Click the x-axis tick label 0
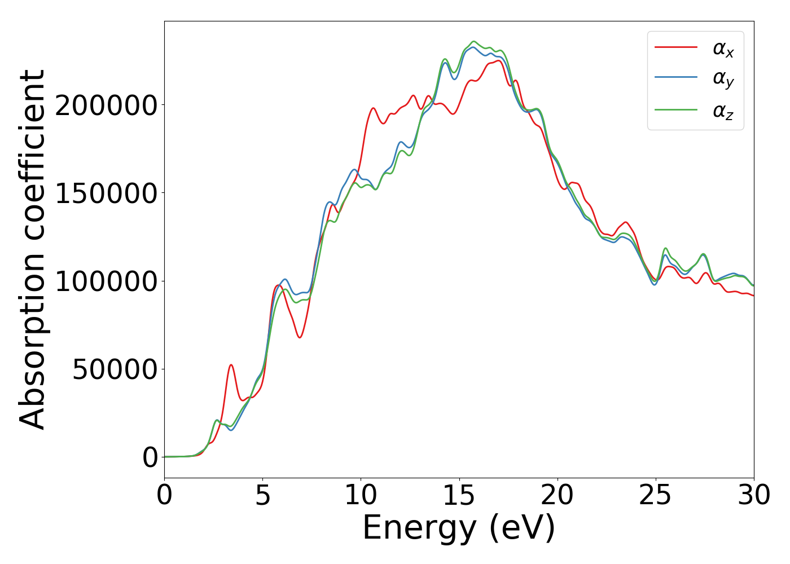coord(164,496)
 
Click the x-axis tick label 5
coord(262,496)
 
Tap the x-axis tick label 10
coord(361,496)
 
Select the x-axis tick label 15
coord(459,496)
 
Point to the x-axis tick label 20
coord(557,496)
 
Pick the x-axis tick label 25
coord(655,496)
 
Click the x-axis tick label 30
coord(753,496)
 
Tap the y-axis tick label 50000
coord(115,369)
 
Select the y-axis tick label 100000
coord(106,281)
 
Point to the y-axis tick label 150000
coord(106,193)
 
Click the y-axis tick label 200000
coord(106,105)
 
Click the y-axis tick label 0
coord(150,457)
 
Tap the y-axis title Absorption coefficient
coord(32,249)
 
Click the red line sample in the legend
coord(675,47)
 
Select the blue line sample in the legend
coord(675,78)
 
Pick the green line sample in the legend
coord(675,110)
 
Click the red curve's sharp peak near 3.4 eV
coord(231,365)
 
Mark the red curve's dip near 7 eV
coord(300,337)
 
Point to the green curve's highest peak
coord(473,42)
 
